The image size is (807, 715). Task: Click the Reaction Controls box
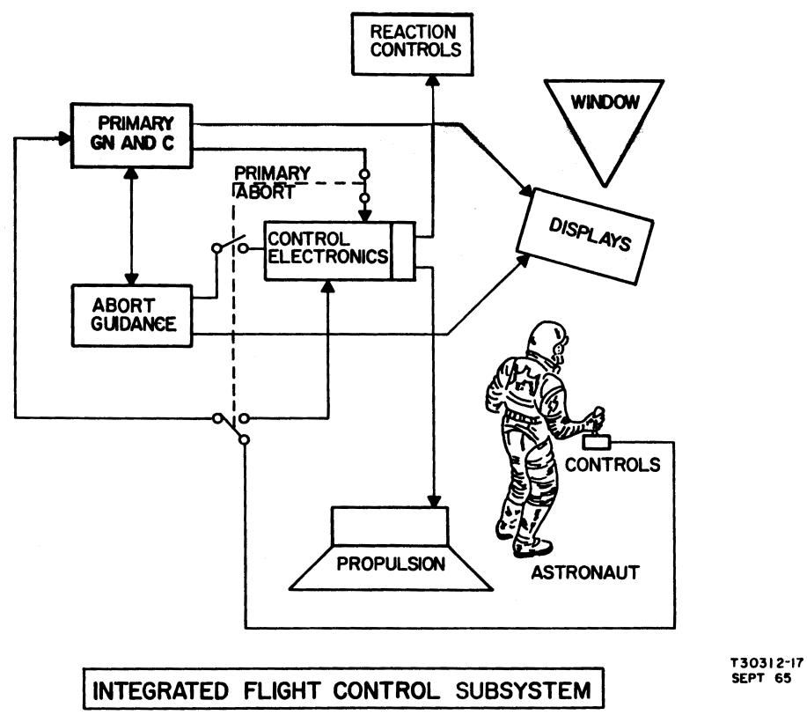[x=415, y=41]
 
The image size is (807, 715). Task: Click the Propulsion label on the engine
[x=390, y=561]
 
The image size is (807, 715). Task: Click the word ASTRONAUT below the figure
[x=584, y=574]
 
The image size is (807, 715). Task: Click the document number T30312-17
[x=766, y=666]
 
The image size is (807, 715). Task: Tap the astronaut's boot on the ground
[x=532, y=545]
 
